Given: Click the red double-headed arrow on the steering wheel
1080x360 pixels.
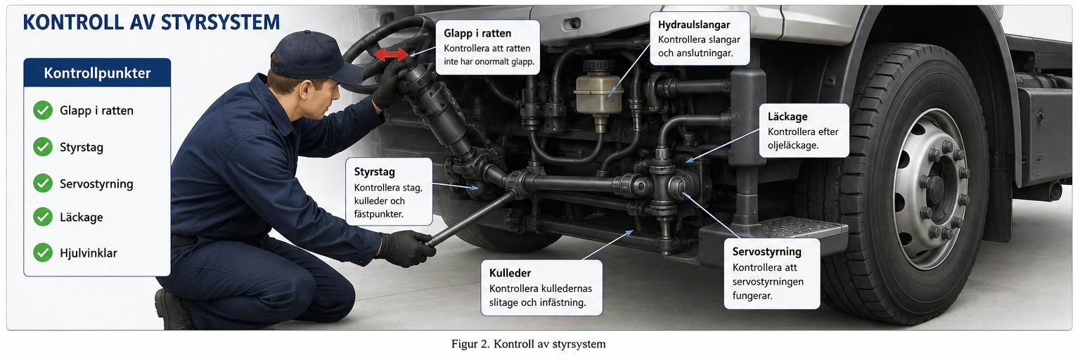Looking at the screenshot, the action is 391,54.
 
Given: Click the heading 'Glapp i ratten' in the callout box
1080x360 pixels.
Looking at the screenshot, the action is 477,33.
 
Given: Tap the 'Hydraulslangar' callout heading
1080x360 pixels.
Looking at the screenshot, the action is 694,25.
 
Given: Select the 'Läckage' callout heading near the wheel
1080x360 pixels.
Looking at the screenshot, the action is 787,117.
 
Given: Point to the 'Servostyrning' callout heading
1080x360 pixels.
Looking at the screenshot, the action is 766,252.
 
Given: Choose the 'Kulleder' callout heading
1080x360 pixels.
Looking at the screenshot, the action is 510,273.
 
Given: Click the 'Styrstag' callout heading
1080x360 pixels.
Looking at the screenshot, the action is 374,172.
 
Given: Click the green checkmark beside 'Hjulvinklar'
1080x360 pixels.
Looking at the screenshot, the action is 43,252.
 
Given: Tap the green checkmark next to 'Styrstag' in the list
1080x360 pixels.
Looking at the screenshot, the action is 43,147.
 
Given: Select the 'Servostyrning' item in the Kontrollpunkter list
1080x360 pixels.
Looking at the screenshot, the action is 96,184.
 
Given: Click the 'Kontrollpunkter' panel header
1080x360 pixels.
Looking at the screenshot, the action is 97,72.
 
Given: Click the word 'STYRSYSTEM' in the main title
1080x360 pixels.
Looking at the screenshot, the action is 220,22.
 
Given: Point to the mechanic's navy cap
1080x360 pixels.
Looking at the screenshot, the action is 314,56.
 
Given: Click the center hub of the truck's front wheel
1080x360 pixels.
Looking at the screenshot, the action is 938,188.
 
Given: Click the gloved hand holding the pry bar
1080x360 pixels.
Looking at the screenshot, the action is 406,247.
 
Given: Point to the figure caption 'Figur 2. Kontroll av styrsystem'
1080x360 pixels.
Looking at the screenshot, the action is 529,344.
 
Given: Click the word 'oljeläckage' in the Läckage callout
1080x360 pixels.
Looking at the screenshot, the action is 793,145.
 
